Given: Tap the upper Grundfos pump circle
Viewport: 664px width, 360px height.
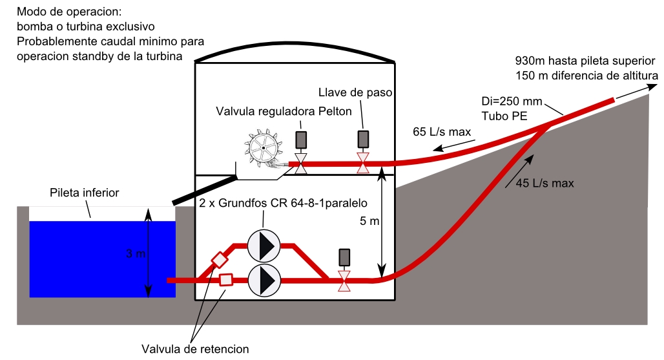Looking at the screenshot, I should click(x=264, y=246).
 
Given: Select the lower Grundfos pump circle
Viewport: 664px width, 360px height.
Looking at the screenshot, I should click(x=264, y=280).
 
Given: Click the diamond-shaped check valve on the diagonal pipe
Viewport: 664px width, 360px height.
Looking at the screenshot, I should click(x=220, y=259).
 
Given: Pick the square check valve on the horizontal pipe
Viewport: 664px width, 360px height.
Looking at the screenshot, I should click(x=226, y=280).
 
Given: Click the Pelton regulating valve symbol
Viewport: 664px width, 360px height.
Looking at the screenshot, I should click(x=300, y=164).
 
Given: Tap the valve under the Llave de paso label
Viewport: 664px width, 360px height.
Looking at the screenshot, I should click(x=364, y=164).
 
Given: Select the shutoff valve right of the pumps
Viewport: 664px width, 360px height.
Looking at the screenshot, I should click(x=344, y=280).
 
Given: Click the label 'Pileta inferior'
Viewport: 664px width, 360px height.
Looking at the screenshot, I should click(x=85, y=193).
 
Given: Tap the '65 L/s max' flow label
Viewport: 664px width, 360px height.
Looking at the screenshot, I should click(x=441, y=132).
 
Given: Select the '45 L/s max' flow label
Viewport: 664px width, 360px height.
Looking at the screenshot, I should click(x=545, y=183).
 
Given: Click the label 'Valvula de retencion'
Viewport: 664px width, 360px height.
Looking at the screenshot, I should click(x=195, y=350).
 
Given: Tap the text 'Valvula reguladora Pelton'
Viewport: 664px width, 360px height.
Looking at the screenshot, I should click(x=284, y=111).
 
